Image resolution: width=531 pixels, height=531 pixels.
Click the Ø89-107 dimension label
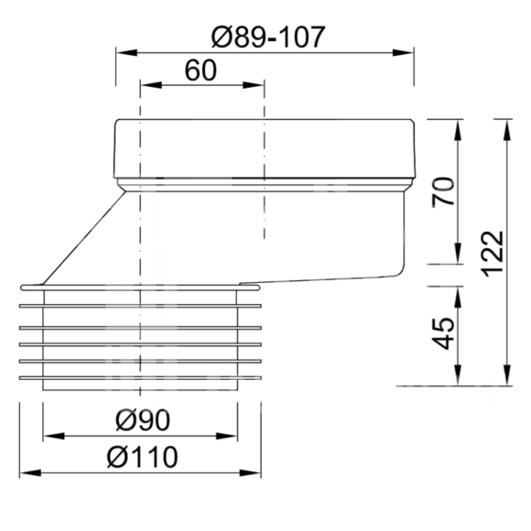click(x=268, y=37)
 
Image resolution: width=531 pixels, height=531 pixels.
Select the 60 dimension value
click(x=200, y=70)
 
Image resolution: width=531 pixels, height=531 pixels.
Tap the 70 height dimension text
click(x=443, y=191)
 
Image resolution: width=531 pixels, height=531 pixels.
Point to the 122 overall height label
click(x=493, y=254)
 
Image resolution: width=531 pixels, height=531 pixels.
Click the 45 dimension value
click(x=444, y=333)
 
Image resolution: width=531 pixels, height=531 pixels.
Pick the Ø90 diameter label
click(x=143, y=420)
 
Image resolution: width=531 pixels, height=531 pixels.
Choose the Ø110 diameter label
click(x=142, y=457)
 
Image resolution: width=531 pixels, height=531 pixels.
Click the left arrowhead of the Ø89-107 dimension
click(x=126, y=53)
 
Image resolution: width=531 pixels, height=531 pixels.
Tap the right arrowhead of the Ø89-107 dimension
click(x=403, y=53)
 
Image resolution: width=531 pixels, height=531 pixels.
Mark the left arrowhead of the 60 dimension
click(x=151, y=84)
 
